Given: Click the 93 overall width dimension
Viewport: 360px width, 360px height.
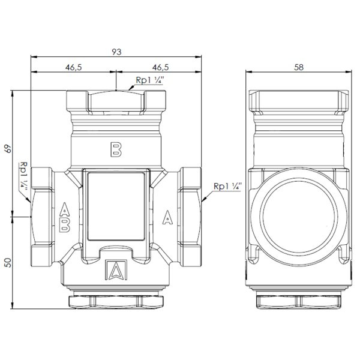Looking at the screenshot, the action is tap(116, 52).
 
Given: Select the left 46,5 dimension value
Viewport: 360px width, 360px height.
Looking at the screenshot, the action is tap(73, 67).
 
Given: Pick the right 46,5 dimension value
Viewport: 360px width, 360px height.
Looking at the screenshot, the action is tap(160, 67).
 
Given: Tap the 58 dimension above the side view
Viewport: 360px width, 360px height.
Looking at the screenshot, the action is tap(299, 67).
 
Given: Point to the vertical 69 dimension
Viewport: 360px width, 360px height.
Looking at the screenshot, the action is tap(8, 149).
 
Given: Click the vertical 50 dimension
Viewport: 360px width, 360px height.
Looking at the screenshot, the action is tap(8, 262).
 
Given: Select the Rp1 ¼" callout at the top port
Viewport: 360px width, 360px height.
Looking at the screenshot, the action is tap(150, 80).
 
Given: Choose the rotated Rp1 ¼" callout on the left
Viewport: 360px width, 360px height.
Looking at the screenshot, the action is tap(23, 176).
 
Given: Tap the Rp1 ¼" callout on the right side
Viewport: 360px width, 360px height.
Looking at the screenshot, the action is tap(228, 186).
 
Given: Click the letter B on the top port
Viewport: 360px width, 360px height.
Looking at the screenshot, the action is tap(116, 149).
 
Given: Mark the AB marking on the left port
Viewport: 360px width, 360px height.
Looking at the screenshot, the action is tap(65, 217).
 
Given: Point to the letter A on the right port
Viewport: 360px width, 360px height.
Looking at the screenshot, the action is tap(167, 217).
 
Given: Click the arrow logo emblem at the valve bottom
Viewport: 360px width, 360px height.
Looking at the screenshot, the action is tap(116, 270).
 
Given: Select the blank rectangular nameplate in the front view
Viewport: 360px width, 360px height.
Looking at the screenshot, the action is tap(116, 206).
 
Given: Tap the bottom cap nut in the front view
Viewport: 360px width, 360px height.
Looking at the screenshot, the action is tap(116, 301).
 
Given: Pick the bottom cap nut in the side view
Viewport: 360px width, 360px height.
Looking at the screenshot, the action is tap(299, 302).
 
